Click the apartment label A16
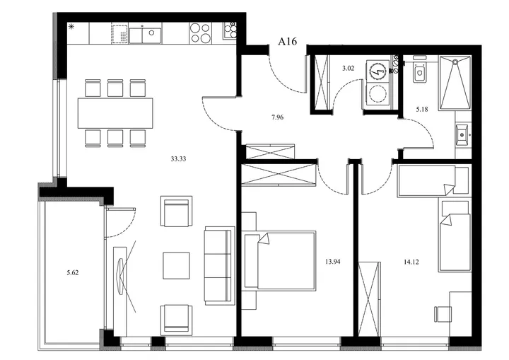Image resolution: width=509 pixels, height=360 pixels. tap(287, 41)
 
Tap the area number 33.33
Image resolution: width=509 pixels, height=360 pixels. tap(178, 159)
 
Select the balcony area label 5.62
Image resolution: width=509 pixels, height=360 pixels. tap(72, 273)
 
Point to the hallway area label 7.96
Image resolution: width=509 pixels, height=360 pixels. tap(278, 117)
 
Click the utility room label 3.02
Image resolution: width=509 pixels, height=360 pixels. tap(348, 68)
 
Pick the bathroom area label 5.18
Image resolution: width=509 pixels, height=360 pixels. tap(422, 109)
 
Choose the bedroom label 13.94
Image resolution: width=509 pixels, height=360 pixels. tap(333, 261)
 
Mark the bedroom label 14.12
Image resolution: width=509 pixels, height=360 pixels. tap(411, 262)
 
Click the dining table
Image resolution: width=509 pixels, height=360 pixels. tap(115, 113)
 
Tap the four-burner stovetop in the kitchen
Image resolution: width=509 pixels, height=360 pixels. tap(201, 33)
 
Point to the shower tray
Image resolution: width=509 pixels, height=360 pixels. tap(455, 83)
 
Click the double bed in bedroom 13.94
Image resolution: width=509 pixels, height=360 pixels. tap(280, 261)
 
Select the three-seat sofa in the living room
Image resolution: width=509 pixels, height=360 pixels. tap(219, 265)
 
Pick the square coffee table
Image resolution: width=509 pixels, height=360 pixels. tap(176, 265)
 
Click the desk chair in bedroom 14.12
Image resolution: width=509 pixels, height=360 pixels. tap(443, 314)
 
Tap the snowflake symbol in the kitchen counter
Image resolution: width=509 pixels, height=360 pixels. tap(71, 27)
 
